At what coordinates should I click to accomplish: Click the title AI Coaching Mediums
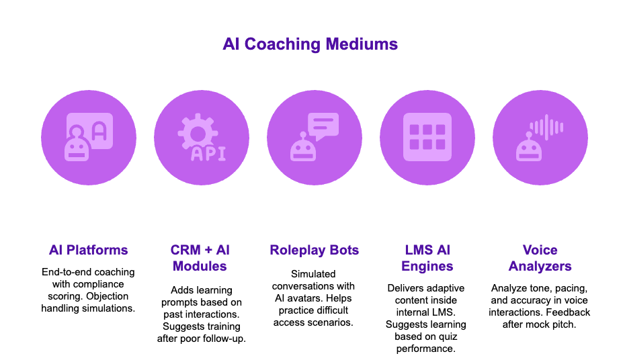310,45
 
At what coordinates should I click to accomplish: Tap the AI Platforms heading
88,251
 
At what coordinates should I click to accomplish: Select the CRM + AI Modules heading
200,258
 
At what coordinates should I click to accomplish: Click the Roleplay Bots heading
314,251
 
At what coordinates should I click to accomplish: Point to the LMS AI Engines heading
427,258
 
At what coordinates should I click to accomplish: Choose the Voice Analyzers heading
540,258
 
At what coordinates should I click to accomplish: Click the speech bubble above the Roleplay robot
323,126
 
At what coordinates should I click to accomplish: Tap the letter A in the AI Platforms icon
99,130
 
